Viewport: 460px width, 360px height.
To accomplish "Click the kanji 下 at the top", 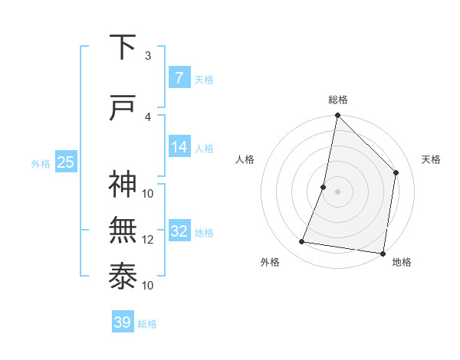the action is click(123, 48).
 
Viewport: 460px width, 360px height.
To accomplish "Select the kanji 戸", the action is click(123, 109).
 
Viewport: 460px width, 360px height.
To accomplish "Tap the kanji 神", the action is click(123, 185).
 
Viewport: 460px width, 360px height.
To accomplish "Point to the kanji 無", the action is click(123, 231).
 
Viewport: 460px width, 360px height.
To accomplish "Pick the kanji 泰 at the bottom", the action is click(123, 277).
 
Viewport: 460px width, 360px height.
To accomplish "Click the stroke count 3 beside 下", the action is click(148, 55).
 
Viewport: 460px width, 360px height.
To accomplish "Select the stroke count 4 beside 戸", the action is click(148, 116).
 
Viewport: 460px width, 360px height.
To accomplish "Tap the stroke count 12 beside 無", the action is click(148, 239).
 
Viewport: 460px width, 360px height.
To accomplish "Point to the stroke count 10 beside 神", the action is click(148, 193).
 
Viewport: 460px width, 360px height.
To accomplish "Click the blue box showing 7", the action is click(179, 77).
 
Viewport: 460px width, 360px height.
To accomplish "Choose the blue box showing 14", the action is click(179, 147).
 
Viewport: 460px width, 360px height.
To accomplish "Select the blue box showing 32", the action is click(179, 231).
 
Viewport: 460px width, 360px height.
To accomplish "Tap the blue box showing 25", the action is click(65, 162).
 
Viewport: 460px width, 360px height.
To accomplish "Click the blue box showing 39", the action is click(123, 322).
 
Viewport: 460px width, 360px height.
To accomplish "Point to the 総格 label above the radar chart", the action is click(338, 100).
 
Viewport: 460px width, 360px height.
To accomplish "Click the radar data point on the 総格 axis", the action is click(337, 115).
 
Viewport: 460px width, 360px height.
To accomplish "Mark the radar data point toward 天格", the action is click(396, 172).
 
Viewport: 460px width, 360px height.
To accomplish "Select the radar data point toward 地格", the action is click(383, 253).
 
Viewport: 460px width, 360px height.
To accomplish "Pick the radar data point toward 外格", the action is click(302, 242).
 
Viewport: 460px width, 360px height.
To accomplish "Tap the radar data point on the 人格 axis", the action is click(324, 187).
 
